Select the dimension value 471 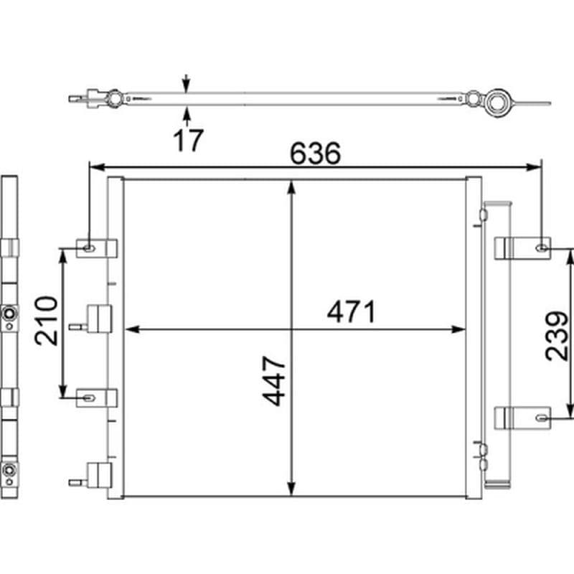pyautogui.click(x=352, y=314)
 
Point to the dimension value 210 pyautogui.click(x=48, y=320)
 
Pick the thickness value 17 pyautogui.click(x=188, y=139)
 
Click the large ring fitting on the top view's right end pyautogui.click(x=496, y=102)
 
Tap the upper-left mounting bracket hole pyautogui.click(x=88, y=248)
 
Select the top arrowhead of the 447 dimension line pyautogui.click(x=291, y=186)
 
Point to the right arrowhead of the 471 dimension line pyautogui.click(x=459, y=329)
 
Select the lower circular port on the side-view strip pyautogui.click(x=9, y=471)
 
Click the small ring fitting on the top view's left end pyautogui.click(x=114, y=98)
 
